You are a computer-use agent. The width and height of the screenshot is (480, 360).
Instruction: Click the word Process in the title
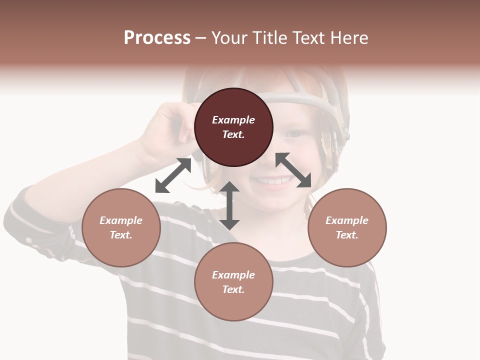(157, 38)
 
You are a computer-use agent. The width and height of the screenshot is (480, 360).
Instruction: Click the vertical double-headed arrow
(229, 205)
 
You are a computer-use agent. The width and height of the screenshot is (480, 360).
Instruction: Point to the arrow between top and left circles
(173, 175)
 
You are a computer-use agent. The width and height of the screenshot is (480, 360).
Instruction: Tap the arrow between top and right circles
(293, 170)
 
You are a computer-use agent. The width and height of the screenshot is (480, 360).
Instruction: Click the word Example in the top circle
(233, 120)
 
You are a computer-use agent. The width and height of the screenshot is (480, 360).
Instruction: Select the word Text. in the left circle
(121, 235)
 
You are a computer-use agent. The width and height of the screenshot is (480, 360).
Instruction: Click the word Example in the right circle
(347, 220)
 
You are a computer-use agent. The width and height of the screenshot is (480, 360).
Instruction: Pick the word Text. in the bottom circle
(233, 289)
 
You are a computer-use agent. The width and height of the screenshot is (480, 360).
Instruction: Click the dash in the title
(200, 38)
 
